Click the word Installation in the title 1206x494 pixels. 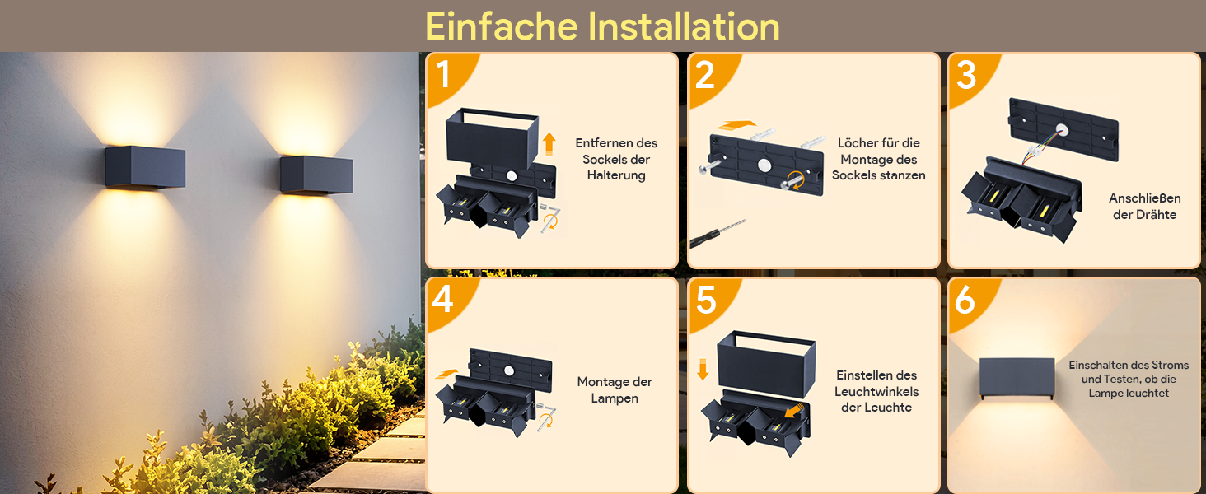tap(683, 26)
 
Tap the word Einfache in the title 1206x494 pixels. tap(501, 26)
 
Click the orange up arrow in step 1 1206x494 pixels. tap(549, 144)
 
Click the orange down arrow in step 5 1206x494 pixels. tap(703, 370)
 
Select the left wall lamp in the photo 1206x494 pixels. tap(145, 167)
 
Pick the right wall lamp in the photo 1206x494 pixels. tap(316, 175)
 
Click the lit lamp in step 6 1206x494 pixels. tap(1017, 378)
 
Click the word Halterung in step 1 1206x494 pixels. tap(616, 175)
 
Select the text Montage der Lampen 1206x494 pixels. tap(615, 389)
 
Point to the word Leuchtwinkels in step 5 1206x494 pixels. tap(876, 391)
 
